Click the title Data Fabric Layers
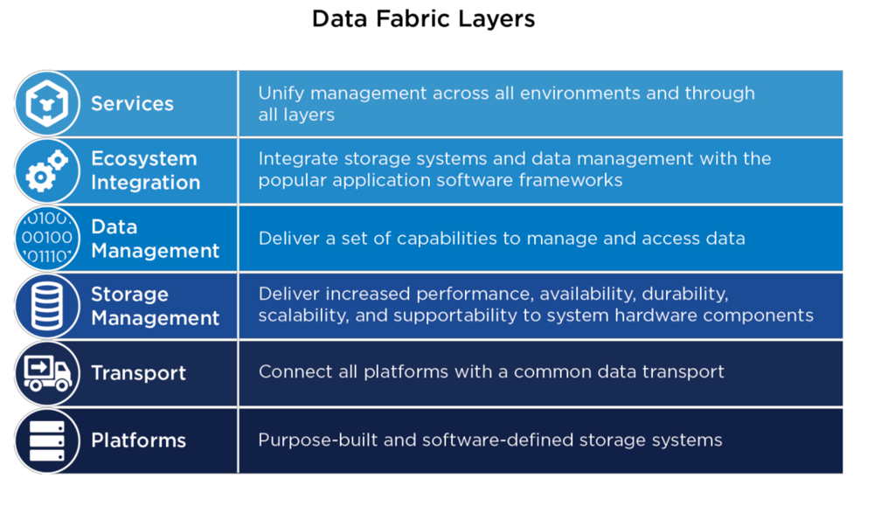pos(423,19)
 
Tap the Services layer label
pos(132,104)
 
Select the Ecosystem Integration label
pos(145,170)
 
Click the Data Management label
pos(155,239)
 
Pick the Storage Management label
pos(155,306)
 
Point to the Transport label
pos(138,373)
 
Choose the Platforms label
pos(138,440)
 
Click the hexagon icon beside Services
pos(47,103)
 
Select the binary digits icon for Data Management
pos(47,238)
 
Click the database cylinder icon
pos(47,306)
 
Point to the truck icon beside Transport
pos(47,373)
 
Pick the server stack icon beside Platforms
pos(47,440)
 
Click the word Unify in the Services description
pos(281,94)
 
